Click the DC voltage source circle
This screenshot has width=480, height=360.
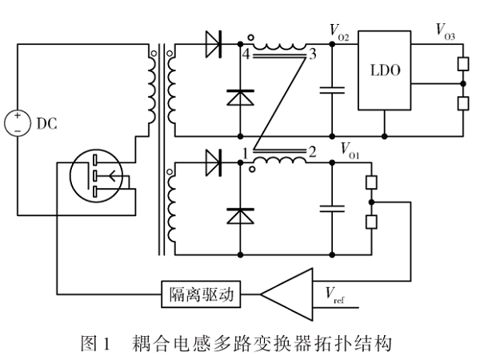(17, 123)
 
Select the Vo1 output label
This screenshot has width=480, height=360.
(351, 148)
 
